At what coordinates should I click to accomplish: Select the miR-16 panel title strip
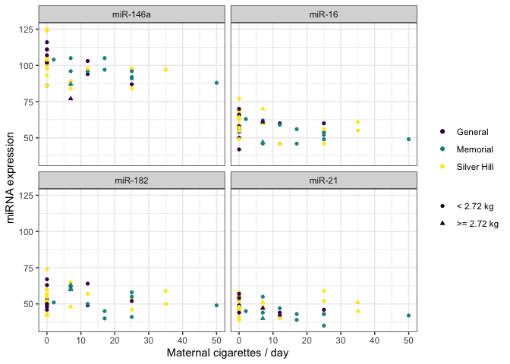323,14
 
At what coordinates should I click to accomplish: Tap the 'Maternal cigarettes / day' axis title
228,353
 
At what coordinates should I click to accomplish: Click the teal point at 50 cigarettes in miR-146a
216,83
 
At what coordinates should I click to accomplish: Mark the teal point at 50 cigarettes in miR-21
408,315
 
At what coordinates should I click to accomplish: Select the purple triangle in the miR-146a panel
71,98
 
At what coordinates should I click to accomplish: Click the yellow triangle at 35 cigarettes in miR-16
357,121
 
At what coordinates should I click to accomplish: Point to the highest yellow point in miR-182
46,269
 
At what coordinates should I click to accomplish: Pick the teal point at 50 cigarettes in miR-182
216,306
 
